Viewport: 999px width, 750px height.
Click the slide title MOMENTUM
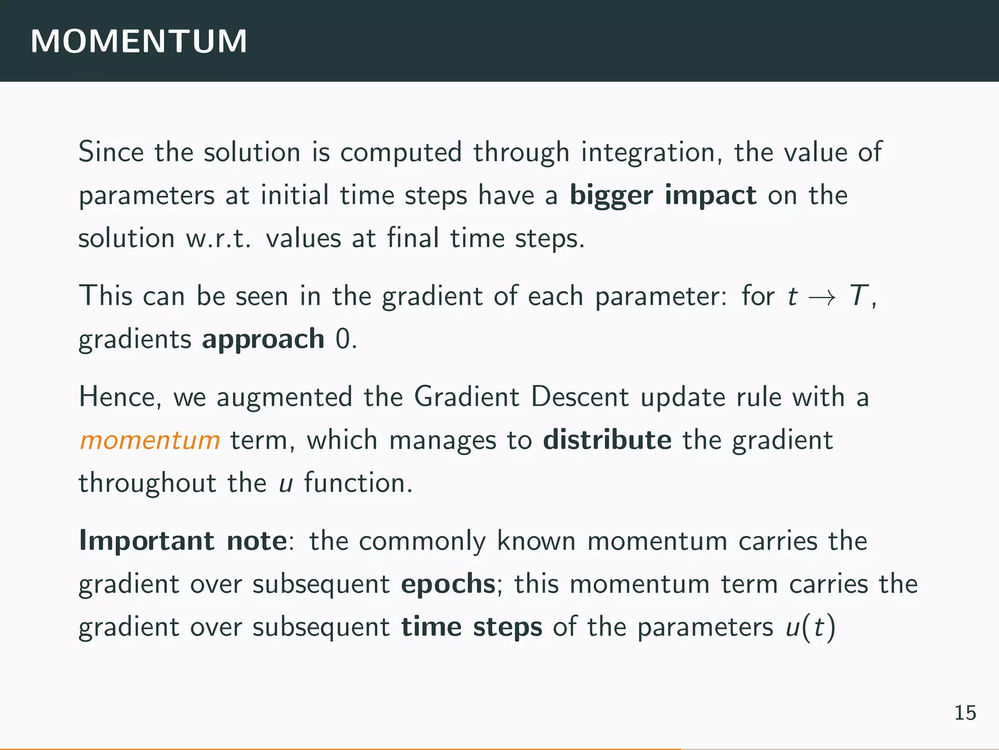(x=139, y=41)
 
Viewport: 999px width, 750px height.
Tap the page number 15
(x=965, y=713)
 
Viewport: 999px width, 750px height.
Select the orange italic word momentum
(x=150, y=440)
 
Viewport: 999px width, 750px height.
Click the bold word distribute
(x=607, y=440)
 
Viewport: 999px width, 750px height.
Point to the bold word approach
(x=263, y=339)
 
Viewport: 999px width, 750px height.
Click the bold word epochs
(x=448, y=583)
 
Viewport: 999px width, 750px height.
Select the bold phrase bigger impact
(x=663, y=195)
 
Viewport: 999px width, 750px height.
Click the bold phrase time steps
(x=471, y=626)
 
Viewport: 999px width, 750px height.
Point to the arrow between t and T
(x=823, y=297)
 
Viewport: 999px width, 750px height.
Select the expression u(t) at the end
(x=810, y=627)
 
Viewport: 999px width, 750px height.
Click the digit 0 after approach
(x=343, y=339)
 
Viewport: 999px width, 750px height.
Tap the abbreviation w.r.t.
(x=218, y=239)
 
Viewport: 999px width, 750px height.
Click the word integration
(x=651, y=152)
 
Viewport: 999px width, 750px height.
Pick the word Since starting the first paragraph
(x=111, y=152)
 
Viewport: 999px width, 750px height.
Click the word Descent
(x=579, y=396)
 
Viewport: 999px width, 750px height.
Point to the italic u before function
(x=286, y=483)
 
